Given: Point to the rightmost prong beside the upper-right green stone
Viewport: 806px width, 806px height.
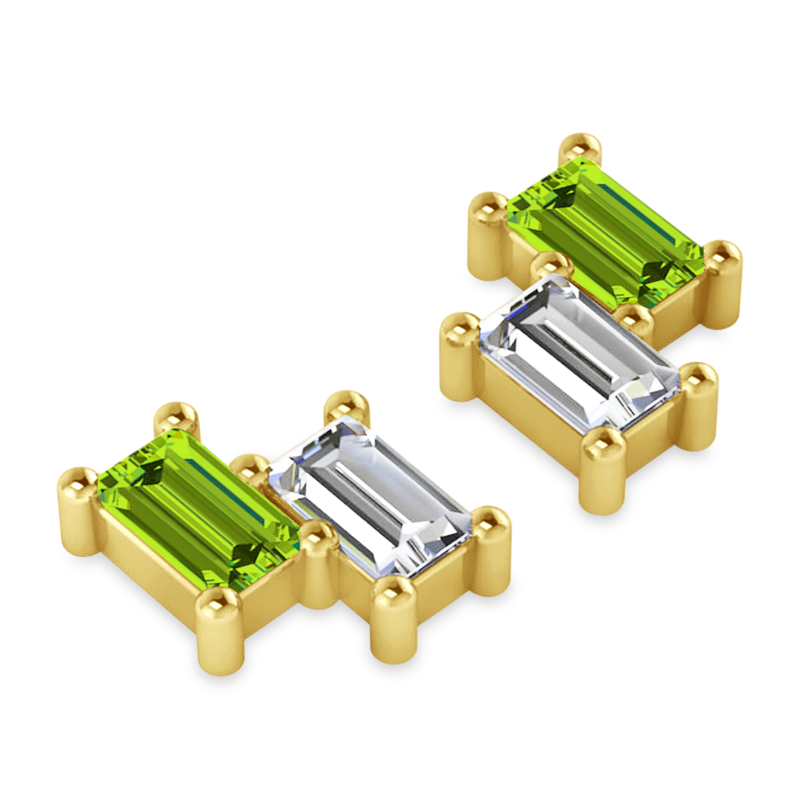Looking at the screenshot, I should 723,258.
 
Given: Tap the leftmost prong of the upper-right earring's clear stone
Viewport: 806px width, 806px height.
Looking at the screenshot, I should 459,328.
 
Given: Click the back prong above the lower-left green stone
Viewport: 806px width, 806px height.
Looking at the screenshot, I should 175,416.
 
